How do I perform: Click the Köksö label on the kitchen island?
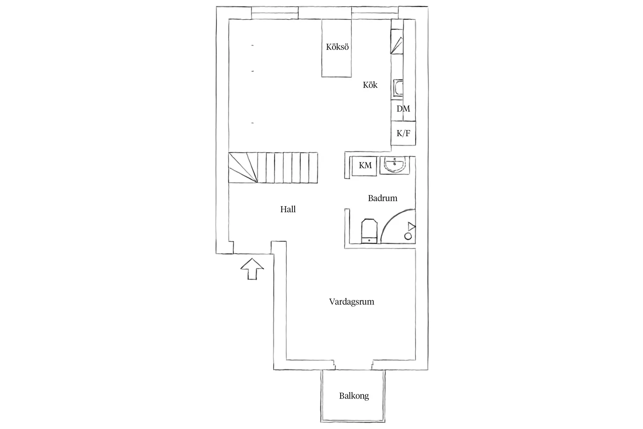point(337,47)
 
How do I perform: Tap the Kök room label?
point(370,85)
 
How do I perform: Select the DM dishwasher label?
point(403,108)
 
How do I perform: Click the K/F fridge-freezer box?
point(403,133)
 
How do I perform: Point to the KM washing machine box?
point(364,166)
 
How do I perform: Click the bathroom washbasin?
point(395,165)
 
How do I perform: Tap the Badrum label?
point(383,198)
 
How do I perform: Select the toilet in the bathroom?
point(369,231)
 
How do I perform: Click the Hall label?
point(288,209)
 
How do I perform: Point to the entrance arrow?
point(252,269)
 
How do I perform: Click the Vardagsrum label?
point(352,302)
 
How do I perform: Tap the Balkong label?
point(354,396)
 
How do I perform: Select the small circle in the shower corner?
point(408,236)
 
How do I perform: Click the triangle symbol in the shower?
point(412,226)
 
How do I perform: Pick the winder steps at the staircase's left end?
point(243,168)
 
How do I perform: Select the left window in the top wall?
point(275,13)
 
